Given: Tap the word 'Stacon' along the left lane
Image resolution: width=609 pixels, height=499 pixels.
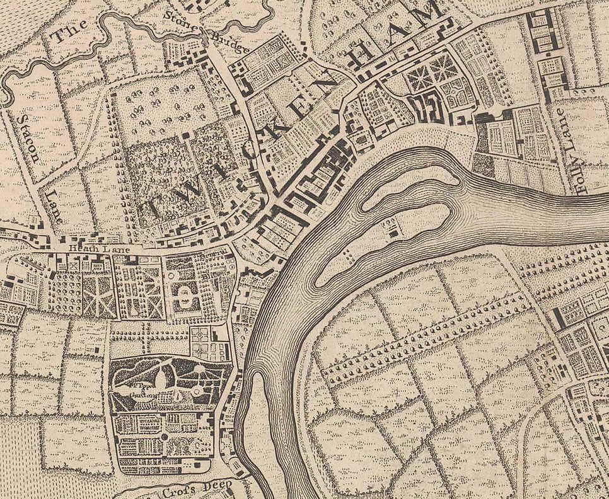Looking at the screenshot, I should pyautogui.click(x=29, y=138).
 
